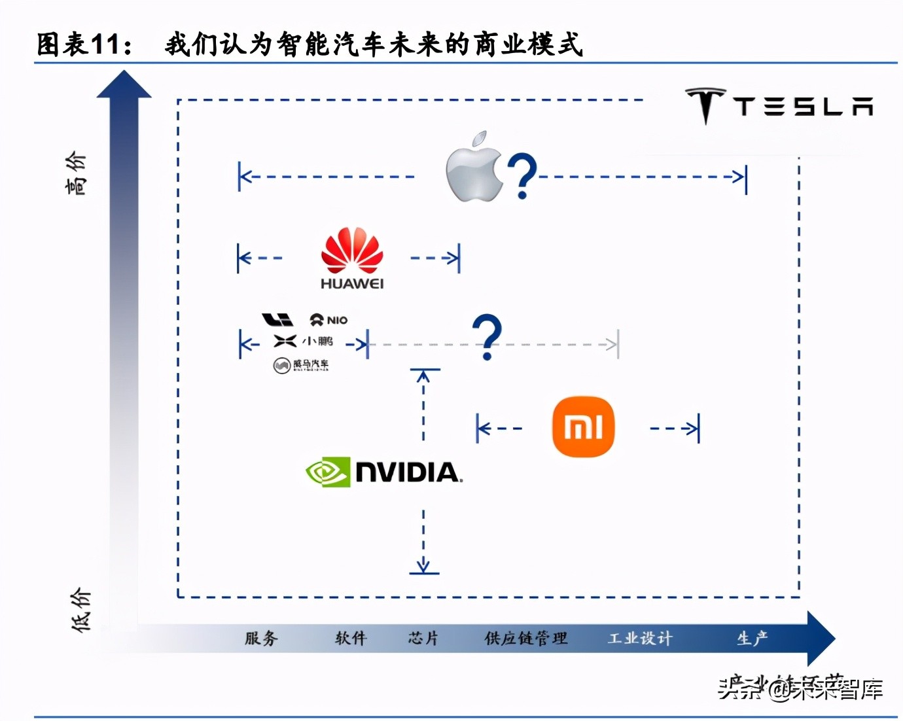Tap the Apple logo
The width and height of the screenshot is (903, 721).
(473, 167)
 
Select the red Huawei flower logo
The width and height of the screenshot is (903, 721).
(352, 250)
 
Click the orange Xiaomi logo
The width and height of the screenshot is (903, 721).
(583, 427)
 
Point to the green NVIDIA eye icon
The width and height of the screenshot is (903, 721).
(327, 472)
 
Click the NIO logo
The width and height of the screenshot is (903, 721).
(328, 320)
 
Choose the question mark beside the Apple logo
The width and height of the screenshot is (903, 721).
(522, 176)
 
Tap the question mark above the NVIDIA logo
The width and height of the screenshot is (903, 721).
(487, 336)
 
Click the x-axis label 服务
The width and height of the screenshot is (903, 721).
(261, 638)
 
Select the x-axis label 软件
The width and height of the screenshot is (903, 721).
(351, 638)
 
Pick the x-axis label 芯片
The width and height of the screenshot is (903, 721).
(423, 638)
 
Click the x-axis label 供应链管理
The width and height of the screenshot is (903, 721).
(525, 638)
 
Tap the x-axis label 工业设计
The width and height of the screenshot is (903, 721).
(639, 638)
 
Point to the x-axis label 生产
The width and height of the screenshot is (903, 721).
(752, 638)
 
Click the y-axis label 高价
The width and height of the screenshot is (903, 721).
(76, 173)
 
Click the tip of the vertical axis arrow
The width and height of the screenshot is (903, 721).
(124, 73)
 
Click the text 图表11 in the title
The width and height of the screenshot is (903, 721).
(77, 44)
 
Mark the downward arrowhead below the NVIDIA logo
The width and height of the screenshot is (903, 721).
(424, 567)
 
